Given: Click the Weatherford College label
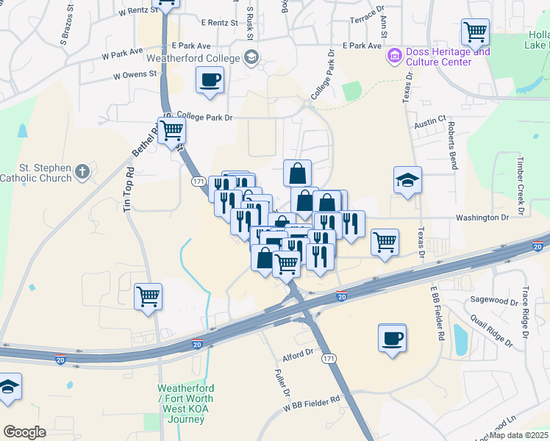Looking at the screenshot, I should pyautogui.click(x=193, y=58).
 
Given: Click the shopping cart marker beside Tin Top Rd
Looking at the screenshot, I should pyautogui.click(x=148, y=296).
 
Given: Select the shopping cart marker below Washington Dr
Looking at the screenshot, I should pyautogui.click(x=385, y=242).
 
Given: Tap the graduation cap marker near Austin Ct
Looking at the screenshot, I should pyautogui.click(x=407, y=180).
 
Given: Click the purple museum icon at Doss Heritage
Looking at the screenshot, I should pyautogui.click(x=394, y=54).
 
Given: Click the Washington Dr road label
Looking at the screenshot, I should pyautogui.click(x=482, y=218).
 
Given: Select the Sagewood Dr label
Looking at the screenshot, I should pyautogui.click(x=494, y=301).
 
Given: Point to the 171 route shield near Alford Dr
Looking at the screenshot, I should pyautogui.click(x=329, y=358).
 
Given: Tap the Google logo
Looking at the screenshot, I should pyautogui.click(x=24, y=432).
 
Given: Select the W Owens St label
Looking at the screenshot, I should pyautogui.click(x=135, y=74).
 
